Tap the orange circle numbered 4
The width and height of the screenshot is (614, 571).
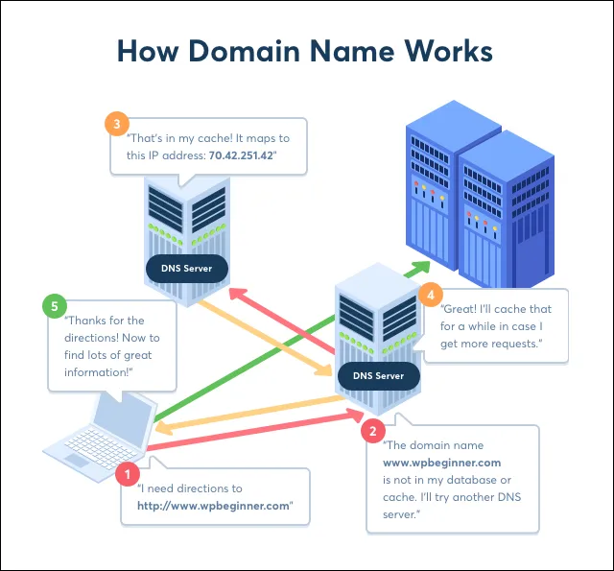tap(432, 295)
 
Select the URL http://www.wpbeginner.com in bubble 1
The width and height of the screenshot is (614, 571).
tap(212, 506)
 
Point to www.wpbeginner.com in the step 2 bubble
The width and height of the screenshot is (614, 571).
tap(441, 463)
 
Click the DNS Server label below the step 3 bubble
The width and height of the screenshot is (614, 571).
tap(186, 269)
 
